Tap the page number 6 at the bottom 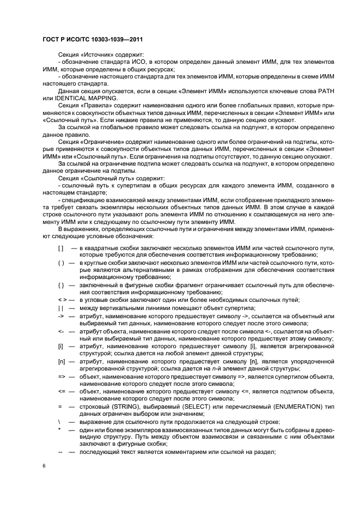coord(44,465)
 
